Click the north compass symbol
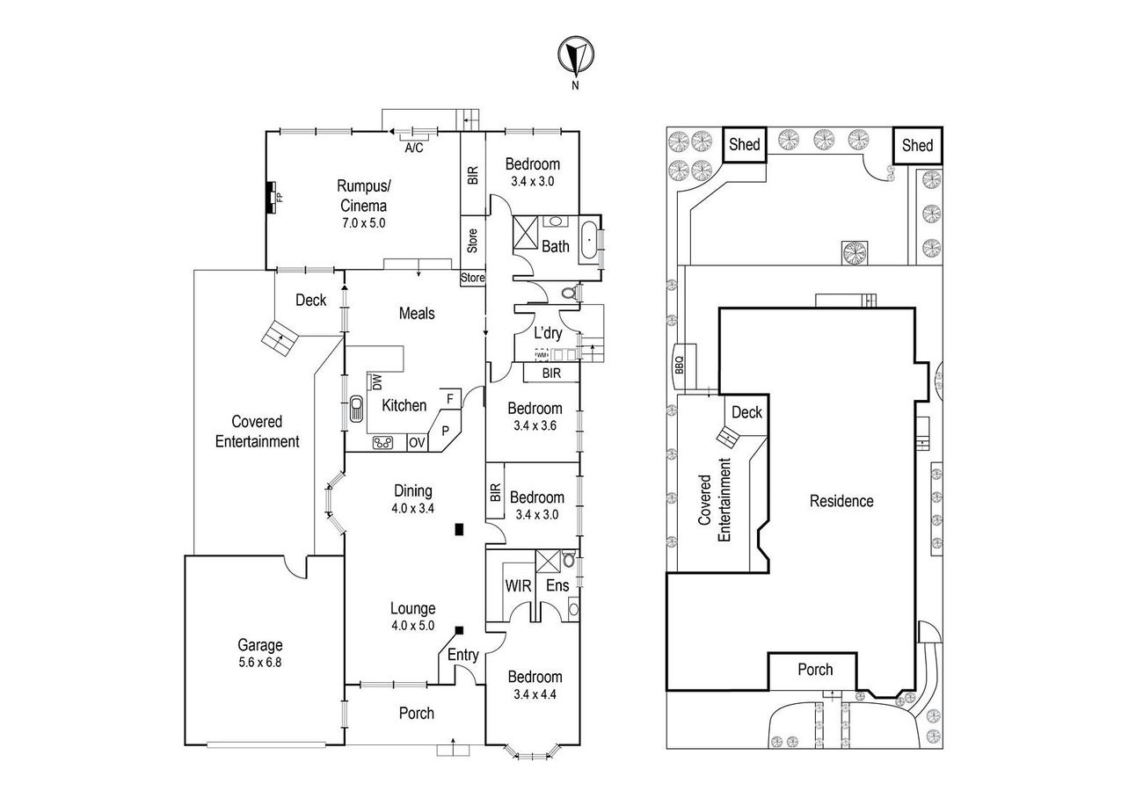[576, 54]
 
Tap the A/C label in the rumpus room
[414, 148]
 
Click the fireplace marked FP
[272, 198]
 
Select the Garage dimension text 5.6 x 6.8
[259, 663]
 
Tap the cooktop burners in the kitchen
[382, 442]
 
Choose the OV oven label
[417, 442]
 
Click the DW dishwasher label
[376, 382]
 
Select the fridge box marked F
[450, 398]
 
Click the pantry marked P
[445, 431]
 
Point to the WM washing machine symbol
[542, 354]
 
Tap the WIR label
[518, 586]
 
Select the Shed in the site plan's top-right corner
[917, 145]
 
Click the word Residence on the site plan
[841, 501]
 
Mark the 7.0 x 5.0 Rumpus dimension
[363, 223]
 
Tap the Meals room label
[417, 313]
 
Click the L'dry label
[548, 333]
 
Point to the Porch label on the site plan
[815, 669]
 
